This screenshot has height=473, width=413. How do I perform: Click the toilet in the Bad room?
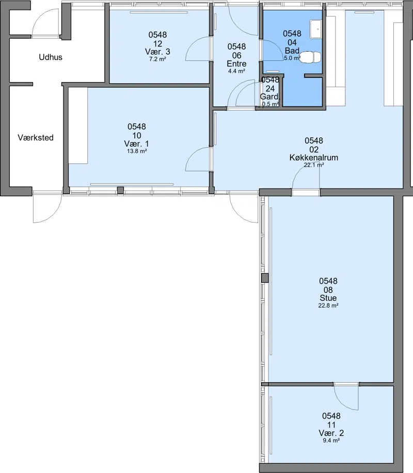pos(311,57)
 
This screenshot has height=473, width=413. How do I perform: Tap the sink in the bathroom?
pos(316,29)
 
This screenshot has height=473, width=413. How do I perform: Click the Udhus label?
pos(51,57)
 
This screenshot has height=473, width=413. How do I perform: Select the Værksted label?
pos(36,137)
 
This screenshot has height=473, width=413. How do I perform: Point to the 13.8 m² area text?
pos(137,151)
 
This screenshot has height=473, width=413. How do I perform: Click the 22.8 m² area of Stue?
pos(328,306)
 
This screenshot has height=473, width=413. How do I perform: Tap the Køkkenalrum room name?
pos(314,157)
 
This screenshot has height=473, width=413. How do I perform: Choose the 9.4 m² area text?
pos(331,440)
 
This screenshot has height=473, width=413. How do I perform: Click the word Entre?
pos(236,64)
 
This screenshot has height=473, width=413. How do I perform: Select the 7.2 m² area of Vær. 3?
pos(157,59)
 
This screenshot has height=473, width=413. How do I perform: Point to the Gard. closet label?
pos(270,97)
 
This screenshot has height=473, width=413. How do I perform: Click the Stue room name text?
pos(328,298)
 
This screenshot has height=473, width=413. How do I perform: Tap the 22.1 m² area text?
pos(314,165)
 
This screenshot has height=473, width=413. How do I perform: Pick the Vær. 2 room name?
pos(331,433)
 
